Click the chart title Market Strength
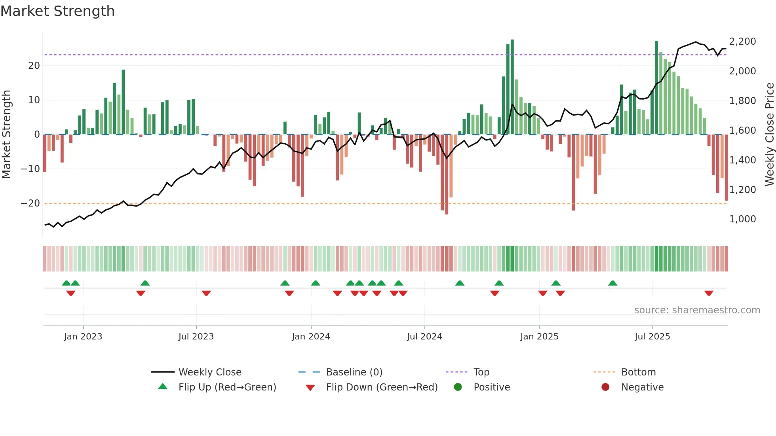coord(57,11)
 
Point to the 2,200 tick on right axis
coord(742,42)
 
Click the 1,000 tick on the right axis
coord(742,219)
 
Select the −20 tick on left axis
coord(30,203)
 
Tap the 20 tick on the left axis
coord(34,66)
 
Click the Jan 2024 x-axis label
coord(311,337)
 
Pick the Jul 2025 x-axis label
coord(652,337)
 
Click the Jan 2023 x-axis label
coord(83,337)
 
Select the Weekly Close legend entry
coord(210,372)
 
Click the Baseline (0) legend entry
coord(354,372)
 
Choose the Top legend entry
coord(481,372)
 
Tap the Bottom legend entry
coord(638,372)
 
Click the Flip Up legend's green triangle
coord(163,387)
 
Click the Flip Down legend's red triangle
coord(310,388)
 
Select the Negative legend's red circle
coord(605,387)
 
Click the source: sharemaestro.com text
coord(697,310)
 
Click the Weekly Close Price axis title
coord(769,135)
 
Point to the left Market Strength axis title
coord(6,135)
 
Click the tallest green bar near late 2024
coord(512,87)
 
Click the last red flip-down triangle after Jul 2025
coord(709,293)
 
